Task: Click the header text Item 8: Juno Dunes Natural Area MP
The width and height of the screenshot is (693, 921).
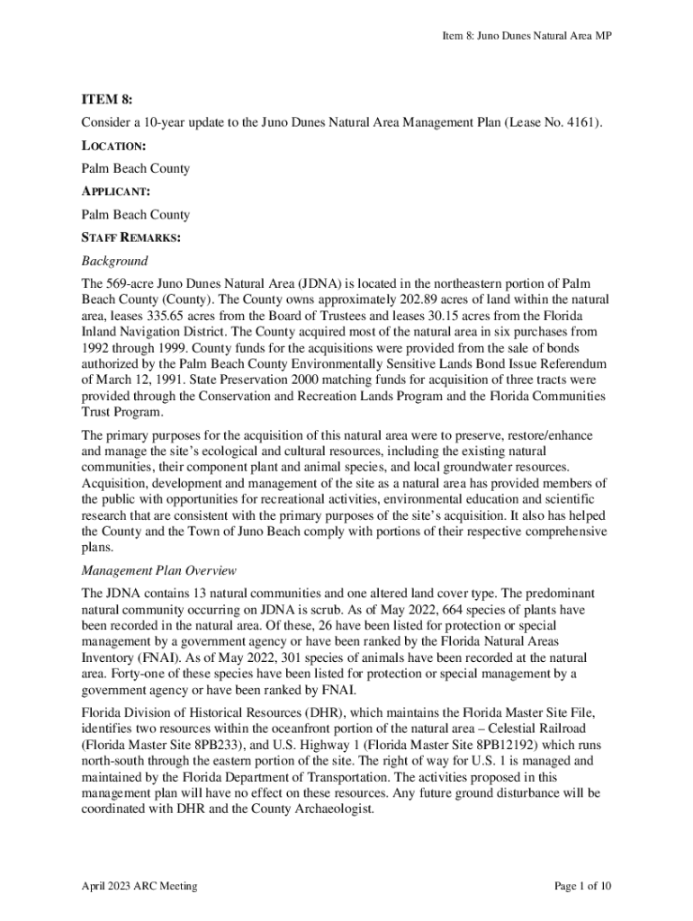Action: coord(526,36)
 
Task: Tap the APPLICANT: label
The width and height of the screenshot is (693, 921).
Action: coord(116,192)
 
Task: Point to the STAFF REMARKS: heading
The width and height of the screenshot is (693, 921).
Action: coord(131,237)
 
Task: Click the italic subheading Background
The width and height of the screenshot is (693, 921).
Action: coord(114,261)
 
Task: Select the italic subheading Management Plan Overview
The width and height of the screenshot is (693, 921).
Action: coord(158,570)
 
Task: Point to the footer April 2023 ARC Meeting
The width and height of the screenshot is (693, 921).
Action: coord(139,886)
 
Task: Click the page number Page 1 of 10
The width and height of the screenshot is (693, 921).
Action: coord(583,886)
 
